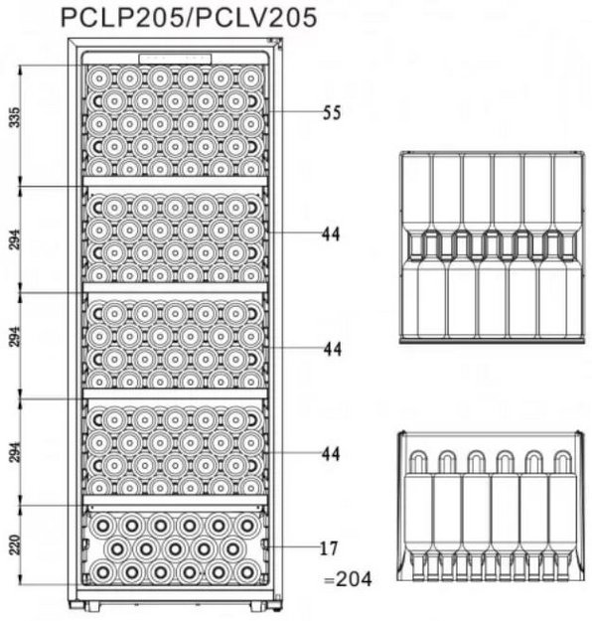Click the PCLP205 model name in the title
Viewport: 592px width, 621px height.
click(x=126, y=18)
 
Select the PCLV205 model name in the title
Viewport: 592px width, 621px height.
click(x=256, y=18)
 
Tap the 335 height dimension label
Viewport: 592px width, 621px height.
click(x=15, y=117)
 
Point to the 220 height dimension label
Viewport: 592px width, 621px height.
click(x=15, y=544)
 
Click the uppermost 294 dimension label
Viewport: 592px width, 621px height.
click(x=15, y=239)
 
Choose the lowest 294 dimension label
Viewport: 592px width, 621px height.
click(x=15, y=452)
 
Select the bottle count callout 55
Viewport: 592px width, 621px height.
click(x=332, y=113)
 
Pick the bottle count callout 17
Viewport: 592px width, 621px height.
click(x=329, y=548)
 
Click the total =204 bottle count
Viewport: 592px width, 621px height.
click(x=348, y=579)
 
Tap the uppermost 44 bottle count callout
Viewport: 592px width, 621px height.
click(x=331, y=234)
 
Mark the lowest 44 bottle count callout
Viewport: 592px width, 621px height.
click(x=331, y=454)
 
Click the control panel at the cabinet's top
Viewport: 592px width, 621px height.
click(x=175, y=59)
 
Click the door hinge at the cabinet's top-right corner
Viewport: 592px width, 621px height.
click(x=274, y=41)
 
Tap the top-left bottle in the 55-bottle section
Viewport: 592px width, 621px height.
click(x=99, y=78)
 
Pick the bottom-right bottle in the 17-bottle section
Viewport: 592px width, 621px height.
click(x=247, y=572)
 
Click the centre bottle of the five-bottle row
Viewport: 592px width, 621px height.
click(x=175, y=548)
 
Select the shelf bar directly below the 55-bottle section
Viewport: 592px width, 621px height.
click(x=175, y=182)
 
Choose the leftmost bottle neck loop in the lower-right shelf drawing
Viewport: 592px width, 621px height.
click(x=418, y=460)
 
